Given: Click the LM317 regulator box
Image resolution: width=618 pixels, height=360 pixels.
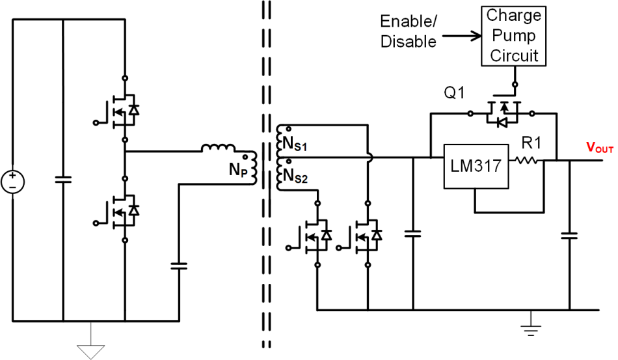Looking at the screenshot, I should (475, 166).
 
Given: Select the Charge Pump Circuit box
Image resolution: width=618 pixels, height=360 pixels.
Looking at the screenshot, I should (515, 35).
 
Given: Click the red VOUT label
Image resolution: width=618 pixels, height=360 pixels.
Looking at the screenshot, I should (591, 148).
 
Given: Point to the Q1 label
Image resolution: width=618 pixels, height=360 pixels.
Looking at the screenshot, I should (454, 94).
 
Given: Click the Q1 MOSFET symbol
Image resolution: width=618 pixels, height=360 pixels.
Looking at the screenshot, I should (502, 114).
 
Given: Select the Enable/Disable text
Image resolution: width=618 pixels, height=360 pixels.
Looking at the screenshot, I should (409, 31).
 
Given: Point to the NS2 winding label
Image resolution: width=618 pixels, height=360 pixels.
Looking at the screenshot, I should (288, 175).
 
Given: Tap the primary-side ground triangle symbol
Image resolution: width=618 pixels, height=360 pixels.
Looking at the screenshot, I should (90, 350).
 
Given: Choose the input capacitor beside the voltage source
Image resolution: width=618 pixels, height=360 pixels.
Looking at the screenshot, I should (63, 180).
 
